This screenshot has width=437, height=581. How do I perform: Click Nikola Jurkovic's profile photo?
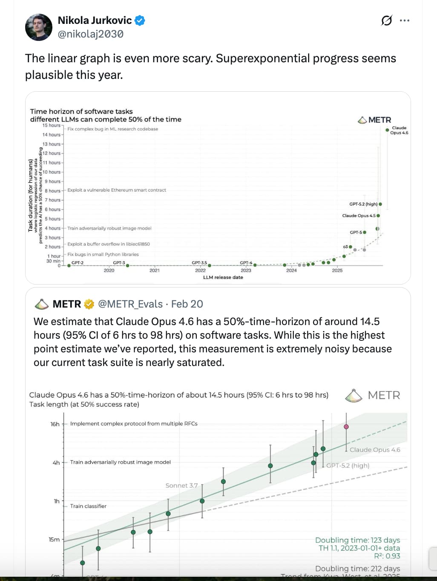pyautogui.click(x=39, y=27)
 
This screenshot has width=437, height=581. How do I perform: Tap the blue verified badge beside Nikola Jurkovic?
pyautogui.click(x=140, y=20)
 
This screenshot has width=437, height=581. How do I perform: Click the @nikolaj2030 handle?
pyautogui.click(x=91, y=34)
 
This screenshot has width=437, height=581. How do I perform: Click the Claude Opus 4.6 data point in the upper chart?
pyautogui.click(x=387, y=130)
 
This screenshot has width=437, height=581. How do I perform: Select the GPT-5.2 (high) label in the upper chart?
pyautogui.click(x=363, y=204)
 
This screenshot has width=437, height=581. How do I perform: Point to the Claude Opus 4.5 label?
pyautogui.click(x=359, y=216)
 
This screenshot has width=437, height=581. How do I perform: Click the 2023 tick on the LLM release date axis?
pyautogui.click(x=246, y=270)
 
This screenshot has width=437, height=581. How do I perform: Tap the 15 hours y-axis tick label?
pyautogui.click(x=51, y=125)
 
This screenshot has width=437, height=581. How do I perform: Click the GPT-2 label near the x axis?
pyautogui.click(x=78, y=263)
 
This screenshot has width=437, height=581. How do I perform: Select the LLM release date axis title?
pyautogui.click(x=223, y=277)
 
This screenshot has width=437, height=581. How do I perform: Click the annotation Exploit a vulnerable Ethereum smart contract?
pyautogui.click(x=117, y=190)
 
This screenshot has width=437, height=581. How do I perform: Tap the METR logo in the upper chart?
pyautogui.click(x=375, y=120)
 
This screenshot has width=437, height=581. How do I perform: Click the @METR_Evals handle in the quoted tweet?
pyautogui.click(x=130, y=304)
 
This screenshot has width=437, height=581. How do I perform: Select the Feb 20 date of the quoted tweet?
pyautogui.click(x=187, y=304)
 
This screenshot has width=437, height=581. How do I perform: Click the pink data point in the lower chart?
pyautogui.click(x=346, y=427)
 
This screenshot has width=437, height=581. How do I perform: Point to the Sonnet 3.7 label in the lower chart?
pyautogui.click(x=181, y=485)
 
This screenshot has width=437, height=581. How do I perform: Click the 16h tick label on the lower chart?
pyautogui.click(x=55, y=424)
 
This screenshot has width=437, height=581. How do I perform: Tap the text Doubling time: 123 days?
pyautogui.click(x=357, y=540)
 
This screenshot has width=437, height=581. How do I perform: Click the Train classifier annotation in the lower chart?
pyautogui.click(x=88, y=506)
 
